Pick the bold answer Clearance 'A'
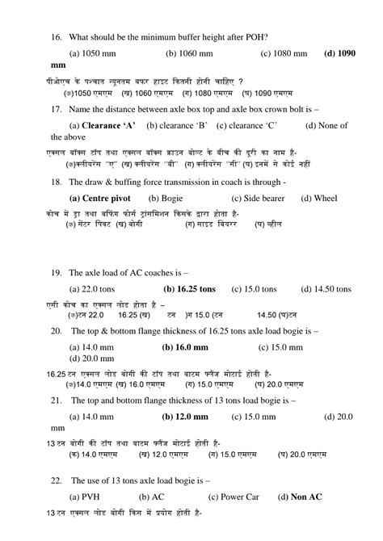103,125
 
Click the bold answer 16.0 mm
185,346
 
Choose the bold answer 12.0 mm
185,417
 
